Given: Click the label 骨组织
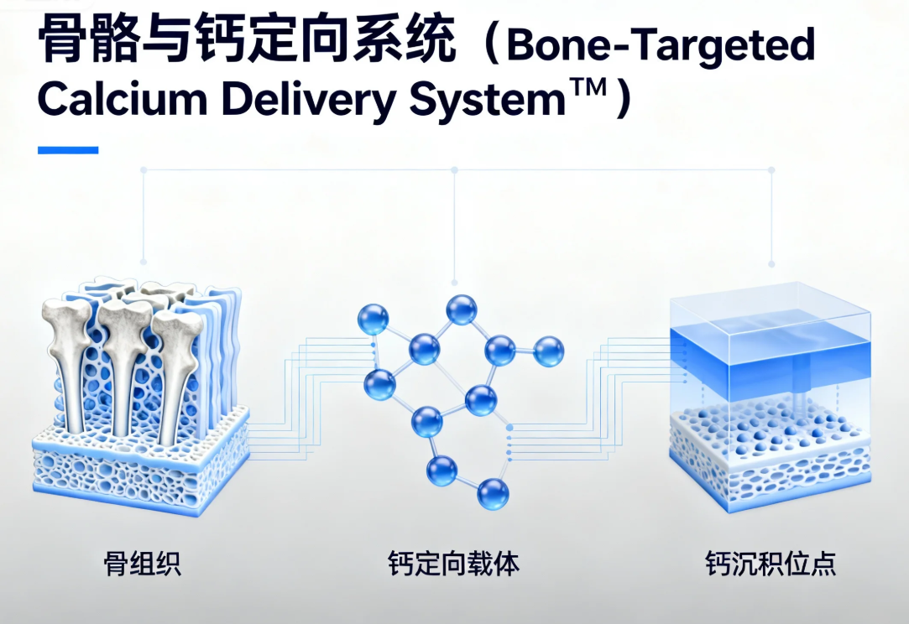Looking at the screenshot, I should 141,563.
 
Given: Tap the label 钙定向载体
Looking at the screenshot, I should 453,563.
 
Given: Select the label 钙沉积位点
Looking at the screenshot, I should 771,563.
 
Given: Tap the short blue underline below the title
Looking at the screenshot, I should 68,150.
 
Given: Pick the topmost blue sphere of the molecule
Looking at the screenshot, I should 462,309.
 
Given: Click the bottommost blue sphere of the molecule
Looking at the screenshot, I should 493,493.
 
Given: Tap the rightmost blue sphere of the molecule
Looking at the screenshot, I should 549,351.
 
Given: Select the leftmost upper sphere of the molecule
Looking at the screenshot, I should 373,319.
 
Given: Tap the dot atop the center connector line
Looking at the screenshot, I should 454,169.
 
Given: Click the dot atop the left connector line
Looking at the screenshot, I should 144,169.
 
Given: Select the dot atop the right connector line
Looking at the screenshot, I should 771,169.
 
